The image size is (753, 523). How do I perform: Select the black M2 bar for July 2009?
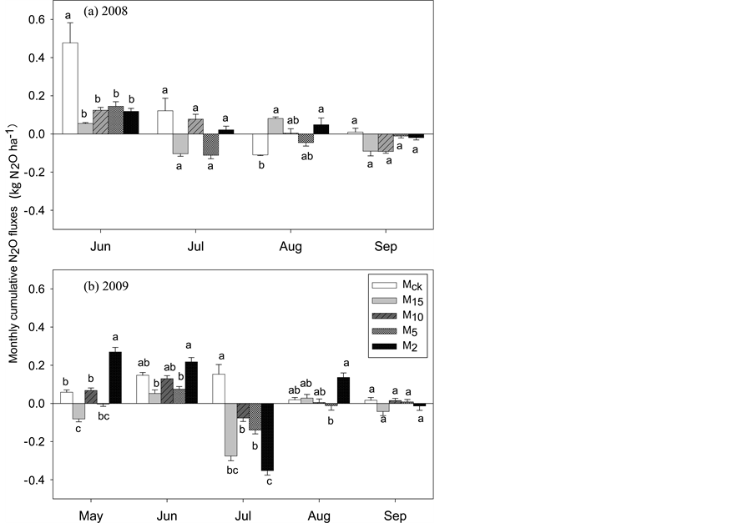(267, 437)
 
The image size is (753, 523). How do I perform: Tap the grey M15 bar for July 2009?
(231, 430)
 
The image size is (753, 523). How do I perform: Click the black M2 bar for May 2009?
(114, 378)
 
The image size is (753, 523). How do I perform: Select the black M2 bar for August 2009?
(343, 390)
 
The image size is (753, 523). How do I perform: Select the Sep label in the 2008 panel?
(386, 247)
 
